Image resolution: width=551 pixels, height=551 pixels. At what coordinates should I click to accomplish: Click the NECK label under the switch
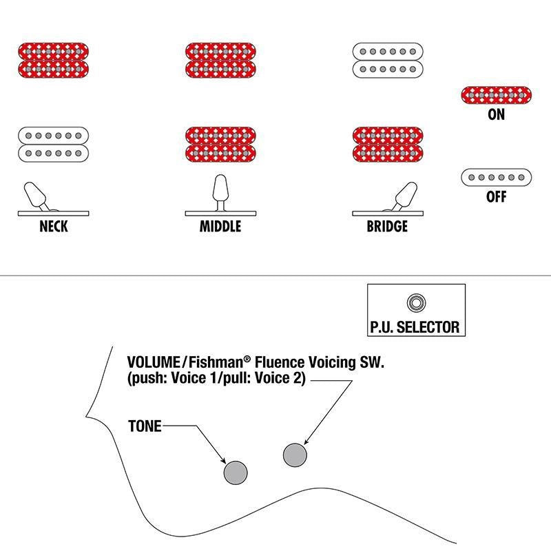54,227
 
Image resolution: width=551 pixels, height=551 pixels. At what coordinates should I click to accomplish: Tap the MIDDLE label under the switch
220,227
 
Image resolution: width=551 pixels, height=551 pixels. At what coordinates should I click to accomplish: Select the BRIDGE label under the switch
387,227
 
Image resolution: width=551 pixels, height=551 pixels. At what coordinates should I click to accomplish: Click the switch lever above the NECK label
35,195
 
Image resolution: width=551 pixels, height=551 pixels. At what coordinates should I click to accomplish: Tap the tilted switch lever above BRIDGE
406,196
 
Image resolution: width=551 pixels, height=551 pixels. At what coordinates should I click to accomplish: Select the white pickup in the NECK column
54,145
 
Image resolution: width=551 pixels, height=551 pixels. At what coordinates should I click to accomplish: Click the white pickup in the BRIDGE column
388,61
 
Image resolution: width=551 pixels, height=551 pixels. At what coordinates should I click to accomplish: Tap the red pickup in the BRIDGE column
388,145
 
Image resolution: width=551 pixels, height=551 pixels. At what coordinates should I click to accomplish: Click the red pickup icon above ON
496,95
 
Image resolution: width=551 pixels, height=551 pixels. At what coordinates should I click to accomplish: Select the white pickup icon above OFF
496,178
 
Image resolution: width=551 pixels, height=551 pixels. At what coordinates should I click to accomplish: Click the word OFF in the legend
496,197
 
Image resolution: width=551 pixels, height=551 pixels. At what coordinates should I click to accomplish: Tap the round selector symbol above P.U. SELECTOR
417,302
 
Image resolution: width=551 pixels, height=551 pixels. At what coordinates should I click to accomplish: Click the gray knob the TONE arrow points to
236,472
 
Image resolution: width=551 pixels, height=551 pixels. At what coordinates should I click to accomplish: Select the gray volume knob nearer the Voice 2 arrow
295,455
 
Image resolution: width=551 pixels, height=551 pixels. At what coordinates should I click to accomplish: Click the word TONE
145,426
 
